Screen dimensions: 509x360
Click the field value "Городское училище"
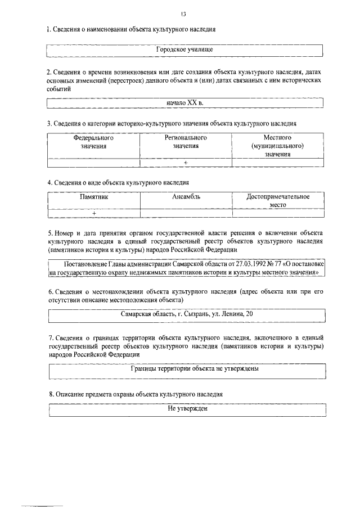click(x=185, y=50)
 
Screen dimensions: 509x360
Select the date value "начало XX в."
click(x=185, y=103)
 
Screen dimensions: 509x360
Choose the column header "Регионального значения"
click(x=186, y=141)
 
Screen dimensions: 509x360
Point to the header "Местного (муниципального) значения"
click(x=277, y=145)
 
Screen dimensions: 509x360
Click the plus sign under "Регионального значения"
click(x=186, y=163)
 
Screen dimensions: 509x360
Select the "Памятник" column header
click(x=93, y=197)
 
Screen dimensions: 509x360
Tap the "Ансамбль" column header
click(x=186, y=197)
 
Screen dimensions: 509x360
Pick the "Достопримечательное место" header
click(x=278, y=201)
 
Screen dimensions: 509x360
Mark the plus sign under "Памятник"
click(x=93, y=213)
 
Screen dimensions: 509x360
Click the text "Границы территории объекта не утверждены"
click(x=187, y=370)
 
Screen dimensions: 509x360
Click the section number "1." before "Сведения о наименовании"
click(x=49, y=29)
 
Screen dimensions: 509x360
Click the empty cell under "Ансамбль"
click(x=186, y=213)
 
